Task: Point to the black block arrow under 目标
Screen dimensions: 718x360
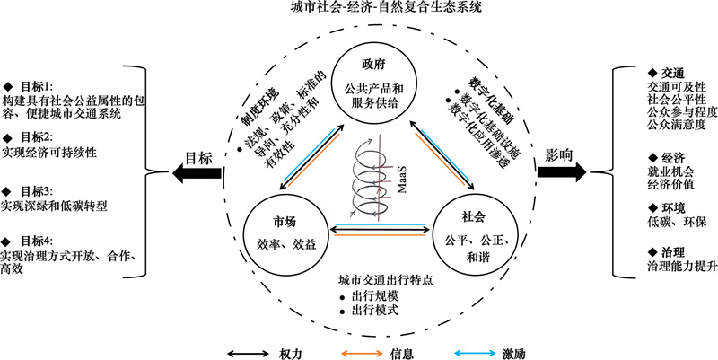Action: pos(196,172)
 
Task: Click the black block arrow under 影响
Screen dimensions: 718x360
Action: pos(562,171)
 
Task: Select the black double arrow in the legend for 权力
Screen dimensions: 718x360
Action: pos(249,353)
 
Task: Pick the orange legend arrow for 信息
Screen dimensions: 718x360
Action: pos(363,353)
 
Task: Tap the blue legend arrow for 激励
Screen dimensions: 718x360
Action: pos(475,353)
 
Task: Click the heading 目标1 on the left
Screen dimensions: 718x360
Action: pos(29,86)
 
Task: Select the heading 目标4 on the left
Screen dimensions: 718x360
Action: pos(29,241)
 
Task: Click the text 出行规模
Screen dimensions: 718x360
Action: pos(369,296)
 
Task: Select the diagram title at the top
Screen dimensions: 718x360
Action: pos(386,7)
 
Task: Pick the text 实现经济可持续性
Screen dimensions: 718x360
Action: pos(49,153)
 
